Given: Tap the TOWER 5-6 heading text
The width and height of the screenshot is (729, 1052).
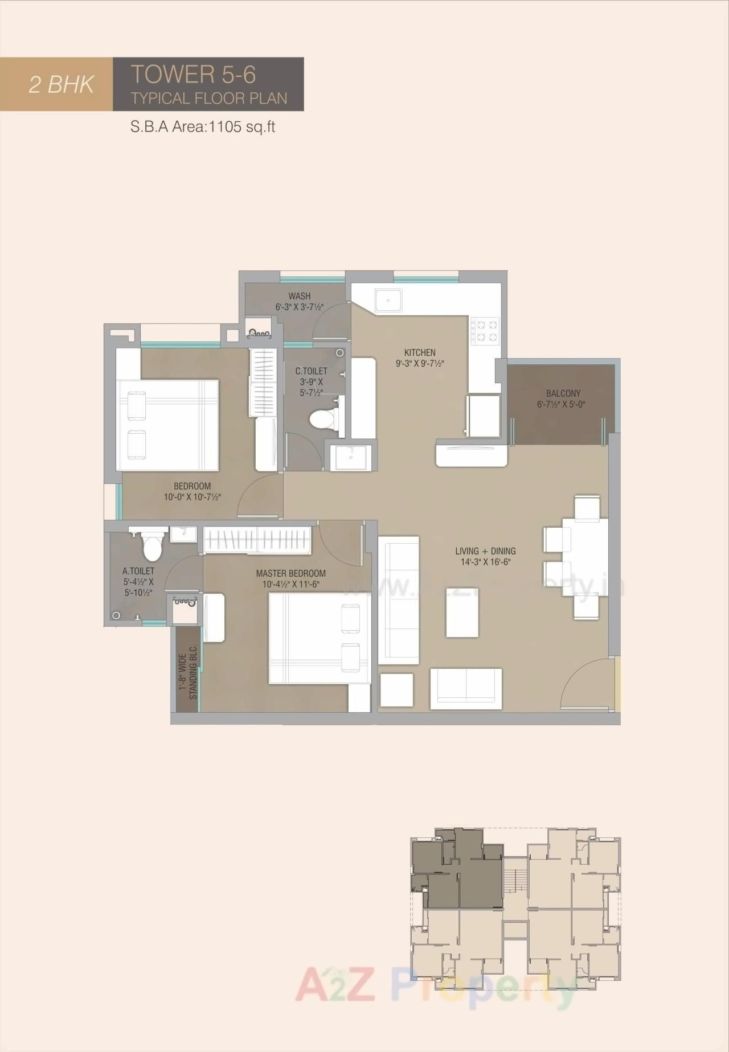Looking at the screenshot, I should [x=193, y=75].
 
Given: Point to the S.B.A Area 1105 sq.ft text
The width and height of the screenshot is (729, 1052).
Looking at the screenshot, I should [x=202, y=126].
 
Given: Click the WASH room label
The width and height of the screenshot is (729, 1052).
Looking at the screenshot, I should [x=299, y=296].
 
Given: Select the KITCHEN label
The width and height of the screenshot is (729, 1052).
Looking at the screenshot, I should [x=420, y=353].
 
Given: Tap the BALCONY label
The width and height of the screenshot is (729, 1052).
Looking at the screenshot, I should [x=563, y=393].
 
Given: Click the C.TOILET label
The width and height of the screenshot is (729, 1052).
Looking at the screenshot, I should [x=311, y=371].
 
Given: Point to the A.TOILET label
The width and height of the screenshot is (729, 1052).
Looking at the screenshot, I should [x=138, y=571].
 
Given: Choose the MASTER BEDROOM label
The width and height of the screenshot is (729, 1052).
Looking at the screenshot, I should [x=290, y=573].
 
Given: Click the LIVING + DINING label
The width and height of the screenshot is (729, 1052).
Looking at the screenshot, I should [x=485, y=551].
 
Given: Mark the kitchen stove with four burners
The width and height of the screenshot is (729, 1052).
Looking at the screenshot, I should [x=484, y=331].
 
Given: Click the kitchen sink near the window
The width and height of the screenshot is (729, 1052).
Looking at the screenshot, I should [x=388, y=300].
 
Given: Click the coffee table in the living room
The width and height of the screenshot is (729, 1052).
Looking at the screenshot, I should [x=462, y=613].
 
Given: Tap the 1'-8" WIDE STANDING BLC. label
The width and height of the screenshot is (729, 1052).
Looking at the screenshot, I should [x=187, y=672].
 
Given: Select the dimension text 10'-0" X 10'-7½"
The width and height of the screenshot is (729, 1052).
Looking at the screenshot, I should [x=192, y=496].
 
